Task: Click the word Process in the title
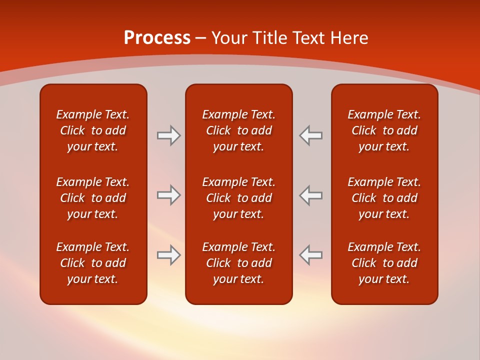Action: click(x=157, y=38)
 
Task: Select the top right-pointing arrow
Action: click(x=169, y=135)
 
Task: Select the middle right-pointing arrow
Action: click(x=169, y=195)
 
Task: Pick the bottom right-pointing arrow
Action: click(x=169, y=255)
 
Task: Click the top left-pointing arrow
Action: click(x=310, y=135)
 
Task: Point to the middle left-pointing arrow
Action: click(x=310, y=195)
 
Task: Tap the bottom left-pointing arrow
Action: click(x=310, y=255)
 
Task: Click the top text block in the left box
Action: click(x=93, y=130)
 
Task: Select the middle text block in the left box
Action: click(x=93, y=198)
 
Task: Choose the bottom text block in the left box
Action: click(x=93, y=263)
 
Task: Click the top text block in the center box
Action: click(x=239, y=130)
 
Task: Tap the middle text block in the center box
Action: click(x=239, y=198)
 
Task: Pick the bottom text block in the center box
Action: click(x=239, y=263)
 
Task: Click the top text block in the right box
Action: click(x=384, y=130)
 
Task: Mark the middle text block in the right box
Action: click(x=384, y=198)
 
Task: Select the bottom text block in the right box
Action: click(x=384, y=263)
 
